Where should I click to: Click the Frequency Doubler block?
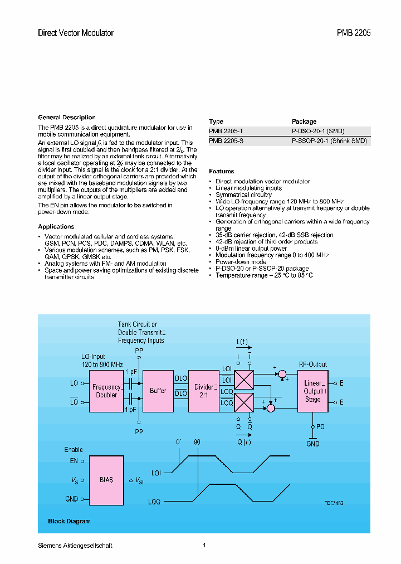[x=106, y=391]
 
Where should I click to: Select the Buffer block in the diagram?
[x=158, y=391]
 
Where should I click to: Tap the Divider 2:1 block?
[x=204, y=391]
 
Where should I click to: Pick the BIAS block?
[x=106, y=480]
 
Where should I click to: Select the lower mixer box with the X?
[x=243, y=402]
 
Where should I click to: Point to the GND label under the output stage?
[x=313, y=444]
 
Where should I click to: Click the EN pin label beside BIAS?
[x=74, y=461]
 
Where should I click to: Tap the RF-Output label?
[x=312, y=364]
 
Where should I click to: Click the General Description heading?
[x=66, y=118]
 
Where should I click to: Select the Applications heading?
[x=56, y=227]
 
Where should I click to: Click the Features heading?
[x=221, y=172]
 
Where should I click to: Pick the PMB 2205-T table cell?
[x=226, y=132]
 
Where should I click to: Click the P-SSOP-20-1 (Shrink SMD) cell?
[x=329, y=142]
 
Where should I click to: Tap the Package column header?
[x=304, y=121]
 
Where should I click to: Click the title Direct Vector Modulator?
[x=75, y=33]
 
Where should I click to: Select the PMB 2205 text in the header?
[x=353, y=33]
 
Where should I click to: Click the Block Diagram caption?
[x=69, y=522]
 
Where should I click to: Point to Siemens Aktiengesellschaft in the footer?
[x=75, y=546]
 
